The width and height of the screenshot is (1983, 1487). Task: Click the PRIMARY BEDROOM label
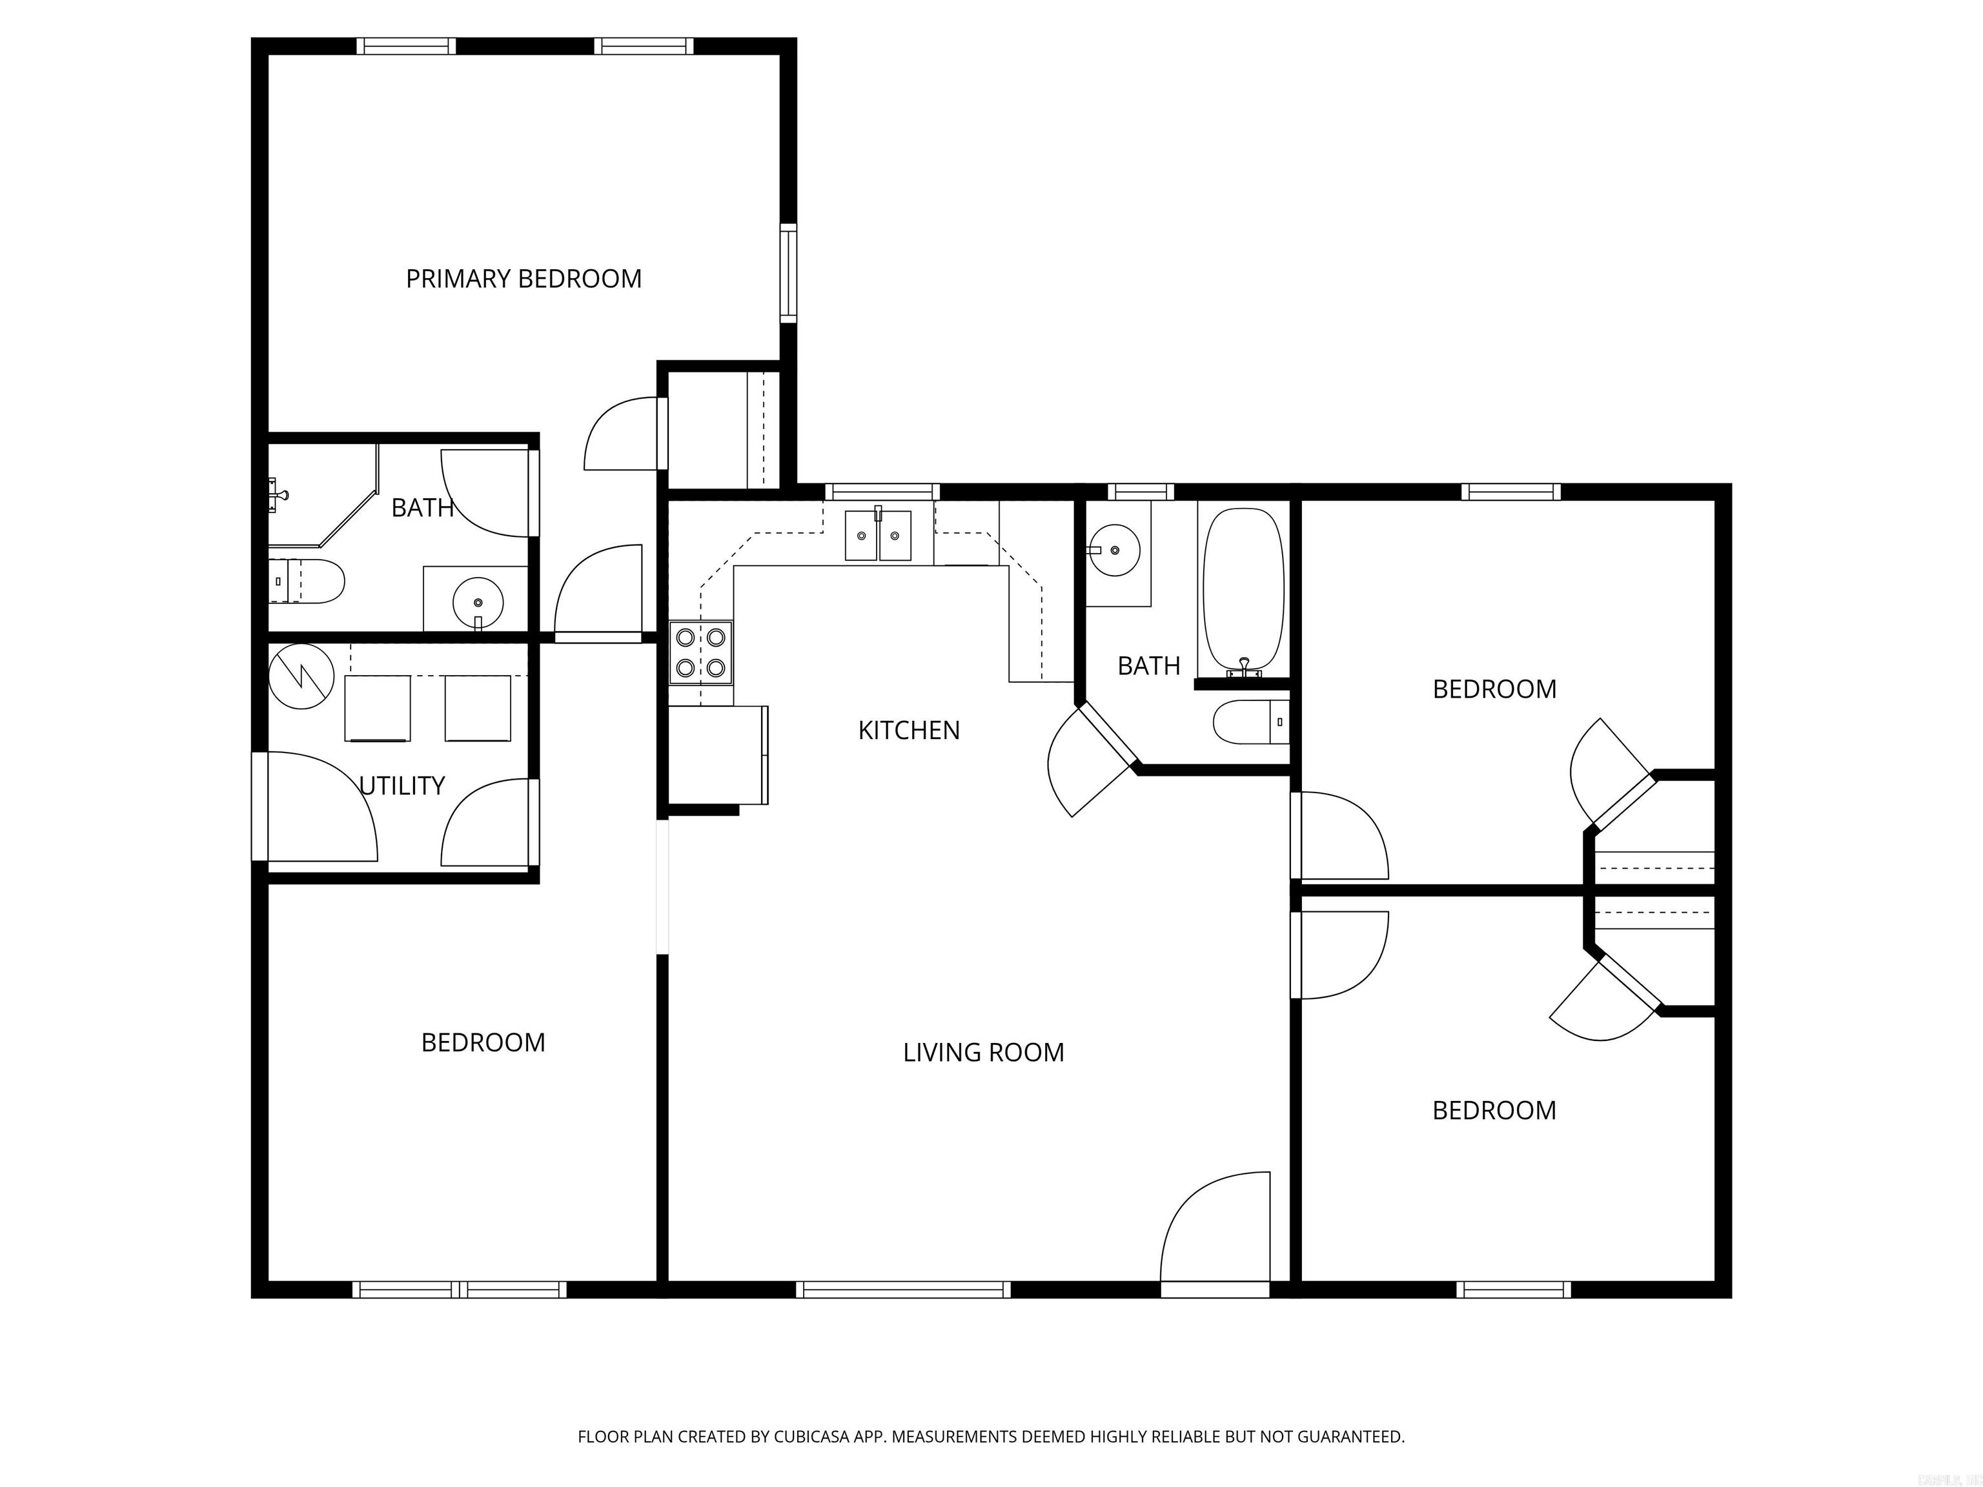pyautogui.click(x=524, y=279)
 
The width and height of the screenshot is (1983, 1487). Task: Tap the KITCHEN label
pyautogui.click(x=908, y=731)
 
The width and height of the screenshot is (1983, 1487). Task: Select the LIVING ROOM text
pyautogui.click(x=984, y=1052)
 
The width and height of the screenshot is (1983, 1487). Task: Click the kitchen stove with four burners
pyautogui.click(x=701, y=652)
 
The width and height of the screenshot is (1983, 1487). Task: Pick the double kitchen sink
pyautogui.click(x=878, y=535)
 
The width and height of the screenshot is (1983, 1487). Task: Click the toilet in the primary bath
pyautogui.click(x=307, y=581)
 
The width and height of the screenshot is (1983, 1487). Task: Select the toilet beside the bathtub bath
pyautogui.click(x=1250, y=722)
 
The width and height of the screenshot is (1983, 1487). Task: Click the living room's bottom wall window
pyautogui.click(x=904, y=1290)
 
